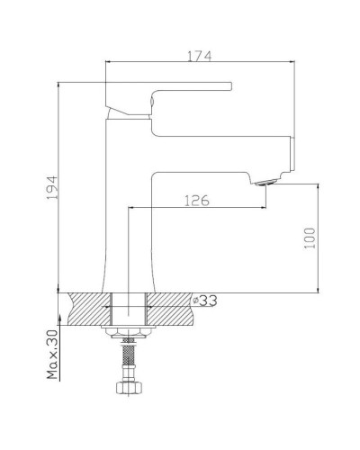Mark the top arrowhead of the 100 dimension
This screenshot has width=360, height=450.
click(318, 185)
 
